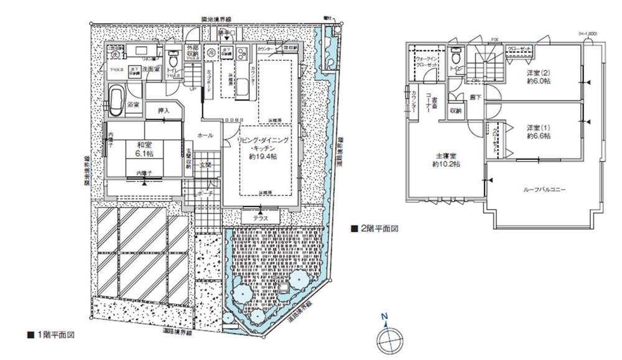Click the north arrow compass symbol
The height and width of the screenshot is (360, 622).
click(388, 337)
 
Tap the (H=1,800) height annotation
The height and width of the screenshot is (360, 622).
click(588, 33)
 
